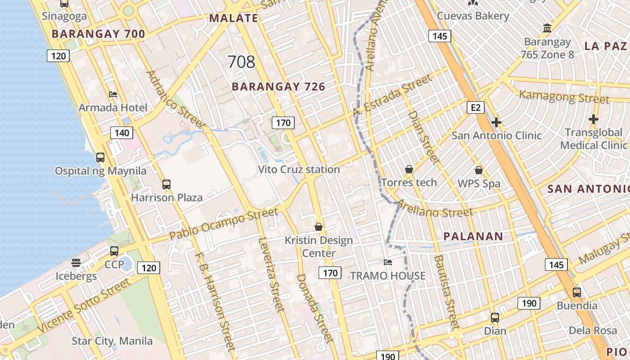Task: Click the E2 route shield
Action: pyautogui.click(x=476, y=107)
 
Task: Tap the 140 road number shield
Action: pyautogui.click(x=121, y=132)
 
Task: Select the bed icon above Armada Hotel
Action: pyautogui.click(x=113, y=94)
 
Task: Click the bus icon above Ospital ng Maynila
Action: pyautogui.click(x=100, y=157)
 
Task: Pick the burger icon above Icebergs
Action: pyautogui.click(x=76, y=262)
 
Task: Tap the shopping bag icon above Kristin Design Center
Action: pyautogui.click(x=319, y=226)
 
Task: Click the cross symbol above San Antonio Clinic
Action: pyautogui.click(x=496, y=122)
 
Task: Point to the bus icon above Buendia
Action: pyautogui.click(x=577, y=292)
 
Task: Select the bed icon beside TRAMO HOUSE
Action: pyautogui.click(x=388, y=262)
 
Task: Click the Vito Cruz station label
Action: pyautogui.click(x=299, y=170)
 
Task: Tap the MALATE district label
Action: pyautogui.click(x=234, y=18)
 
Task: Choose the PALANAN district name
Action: pyautogui.click(x=473, y=236)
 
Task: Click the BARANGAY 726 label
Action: pyautogui.click(x=279, y=87)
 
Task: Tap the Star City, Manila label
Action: pyautogui.click(x=112, y=341)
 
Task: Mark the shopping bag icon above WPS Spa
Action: pyautogui.click(x=479, y=170)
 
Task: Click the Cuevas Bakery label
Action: pyautogui.click(x=473, y=16)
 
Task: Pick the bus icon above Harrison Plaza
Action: pyautogui.click(x=166, y=184)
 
